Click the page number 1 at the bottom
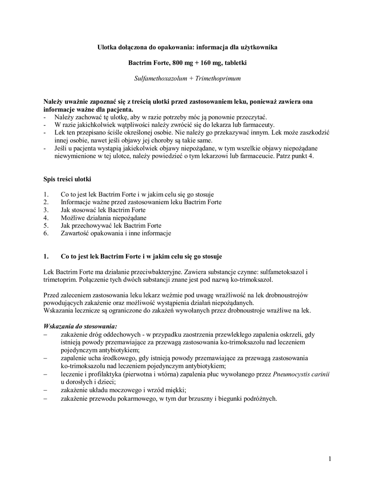[329, 458]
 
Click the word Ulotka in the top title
[109, 47]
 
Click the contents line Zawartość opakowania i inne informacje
[116, 233]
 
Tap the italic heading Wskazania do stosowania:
[80, 326]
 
